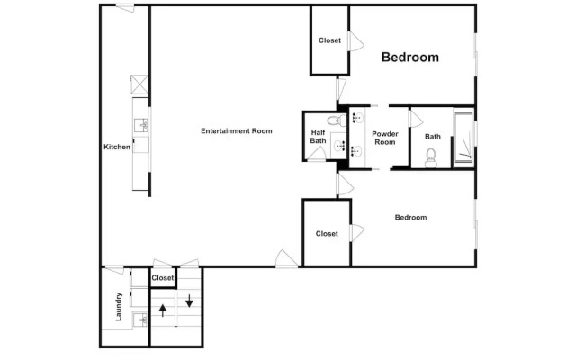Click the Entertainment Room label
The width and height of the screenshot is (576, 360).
(x=236, y=131)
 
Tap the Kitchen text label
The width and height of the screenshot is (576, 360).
(x=117, y=147)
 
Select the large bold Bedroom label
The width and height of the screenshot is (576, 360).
(x=410, y=58)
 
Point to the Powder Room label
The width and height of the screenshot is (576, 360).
(x=385, y=138)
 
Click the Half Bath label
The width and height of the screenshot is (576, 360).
(x=318, y=136)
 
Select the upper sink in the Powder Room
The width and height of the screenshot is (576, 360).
(x=356, y=118)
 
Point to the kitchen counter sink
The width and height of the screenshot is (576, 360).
(x=144, y=124)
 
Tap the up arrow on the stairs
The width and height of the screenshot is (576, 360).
(x=163, y=309)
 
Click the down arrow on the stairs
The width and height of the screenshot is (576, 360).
(x=190, y=300)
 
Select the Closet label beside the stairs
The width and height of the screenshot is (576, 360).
(x=163, y=278)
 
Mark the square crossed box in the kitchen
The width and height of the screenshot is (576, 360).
(x=139, y=84)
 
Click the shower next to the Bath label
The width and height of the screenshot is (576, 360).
(x=463, y=139)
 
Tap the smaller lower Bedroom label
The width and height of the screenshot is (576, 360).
(x=410, y=217)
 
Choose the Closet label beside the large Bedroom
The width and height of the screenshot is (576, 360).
(x=329, y=40)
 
